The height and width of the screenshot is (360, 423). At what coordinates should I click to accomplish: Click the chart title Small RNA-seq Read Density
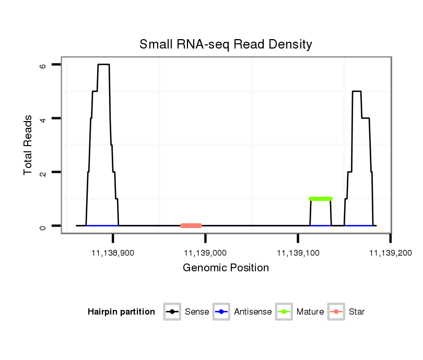[x=226, y=44]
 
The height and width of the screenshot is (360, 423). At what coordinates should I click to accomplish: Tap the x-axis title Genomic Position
[x=226, y=268]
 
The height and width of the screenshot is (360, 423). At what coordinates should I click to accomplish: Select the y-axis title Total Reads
[x=29, y=145]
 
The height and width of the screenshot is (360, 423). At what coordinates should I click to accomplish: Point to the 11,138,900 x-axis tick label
[x=113, y=253]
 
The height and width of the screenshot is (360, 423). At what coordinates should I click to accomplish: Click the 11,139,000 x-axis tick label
[x=205, y=253]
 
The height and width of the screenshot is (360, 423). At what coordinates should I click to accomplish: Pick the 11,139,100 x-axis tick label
[x=298, y=253]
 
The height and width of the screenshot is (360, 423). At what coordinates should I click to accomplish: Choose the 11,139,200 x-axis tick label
[x=391, y=253]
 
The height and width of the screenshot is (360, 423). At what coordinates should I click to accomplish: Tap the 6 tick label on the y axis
[x=42, y=65]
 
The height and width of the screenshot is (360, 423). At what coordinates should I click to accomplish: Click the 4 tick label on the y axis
[x=42, y=118]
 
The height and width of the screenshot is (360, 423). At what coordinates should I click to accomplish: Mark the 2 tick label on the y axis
[x=42, y=172]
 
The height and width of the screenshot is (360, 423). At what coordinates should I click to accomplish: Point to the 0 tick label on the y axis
[x=42, y=226]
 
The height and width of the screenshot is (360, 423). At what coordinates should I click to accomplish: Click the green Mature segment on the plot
[x=321, y=199]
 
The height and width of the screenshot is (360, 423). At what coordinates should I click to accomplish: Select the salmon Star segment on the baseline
[x=191, y=225]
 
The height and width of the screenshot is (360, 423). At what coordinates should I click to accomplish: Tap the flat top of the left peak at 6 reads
[x=103, y=65]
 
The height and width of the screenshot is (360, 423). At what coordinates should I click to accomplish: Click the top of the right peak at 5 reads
[x=357, y=91]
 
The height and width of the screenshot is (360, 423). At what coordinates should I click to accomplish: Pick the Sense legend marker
[x=172, y=312]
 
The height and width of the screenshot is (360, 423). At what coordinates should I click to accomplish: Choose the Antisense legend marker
[x=221, y=312]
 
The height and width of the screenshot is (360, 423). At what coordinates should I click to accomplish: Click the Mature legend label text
[x=310, y=312]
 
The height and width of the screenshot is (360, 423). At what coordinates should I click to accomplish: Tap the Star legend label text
[x=357, y=312]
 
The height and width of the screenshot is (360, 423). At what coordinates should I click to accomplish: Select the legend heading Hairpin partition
[x=121, y=312]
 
